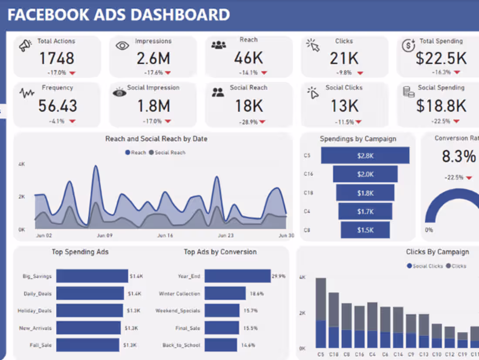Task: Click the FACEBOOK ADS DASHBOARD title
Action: click(x=118, y=15)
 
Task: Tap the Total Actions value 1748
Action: click(x=57, y=58)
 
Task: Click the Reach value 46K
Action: click(x=248, y=58)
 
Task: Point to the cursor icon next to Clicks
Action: click(x=313, y=45)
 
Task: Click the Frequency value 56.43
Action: click(x=57, y=105)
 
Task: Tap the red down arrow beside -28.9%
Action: click(x=264, y=122)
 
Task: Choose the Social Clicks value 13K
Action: click(x=344, y=105)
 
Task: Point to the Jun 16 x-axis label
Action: click(x=165, y=235)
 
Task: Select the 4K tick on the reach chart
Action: click(x=21, y=164)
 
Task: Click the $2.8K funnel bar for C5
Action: click(x=365, y=156)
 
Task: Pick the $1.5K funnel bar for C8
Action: click(x=365, y=230)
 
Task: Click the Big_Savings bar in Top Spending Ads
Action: click(x=92, y=276)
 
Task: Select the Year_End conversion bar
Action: click(x=237, y=276)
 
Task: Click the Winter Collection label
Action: click(x=179, y=294)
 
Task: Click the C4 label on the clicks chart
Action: click(x=372, y=355)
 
